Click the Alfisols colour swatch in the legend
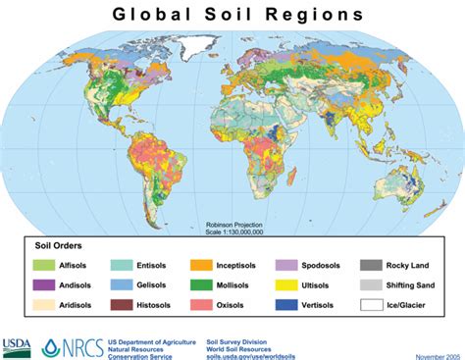click(x=44, y=265)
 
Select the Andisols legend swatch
click(x=44, y=284)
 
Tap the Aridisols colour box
click(x=44, y=305)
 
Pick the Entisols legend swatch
click(x=123, y=265)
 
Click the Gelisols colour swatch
click(x=123, y=284)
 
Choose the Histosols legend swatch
click(x=123, y=305)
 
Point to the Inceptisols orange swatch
click(x=203, y=265)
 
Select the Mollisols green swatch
click(x=203, y=284)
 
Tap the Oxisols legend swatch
click(x=203, y=305)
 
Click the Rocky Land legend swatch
click(x=371, y=265)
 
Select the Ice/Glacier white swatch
click(x=371, y=305)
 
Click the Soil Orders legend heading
click(x=60, y=245)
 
